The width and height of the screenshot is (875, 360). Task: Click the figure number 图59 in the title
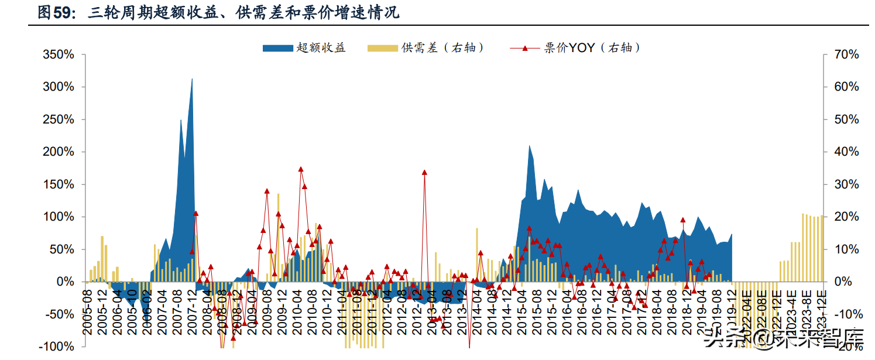point(56,12)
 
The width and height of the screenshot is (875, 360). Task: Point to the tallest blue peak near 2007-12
point(192,79)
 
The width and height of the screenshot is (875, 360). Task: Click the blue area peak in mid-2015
point(529,146)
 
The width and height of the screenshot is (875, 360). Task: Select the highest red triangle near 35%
point(301,169)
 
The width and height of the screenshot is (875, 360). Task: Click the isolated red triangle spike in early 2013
point(424,173)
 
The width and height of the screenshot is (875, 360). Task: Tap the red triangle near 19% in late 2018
point(682,220)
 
